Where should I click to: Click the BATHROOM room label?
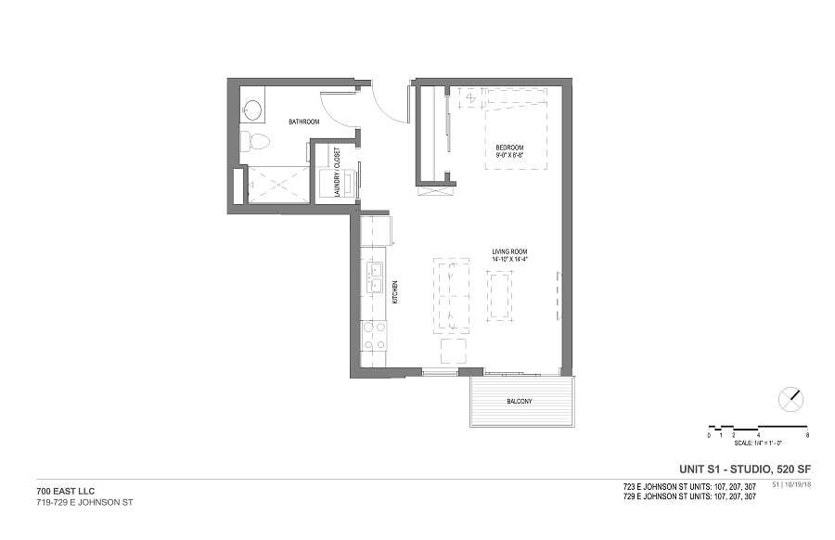(303, 122)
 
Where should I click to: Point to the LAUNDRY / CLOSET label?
(337, 172)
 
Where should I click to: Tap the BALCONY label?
(519, 402)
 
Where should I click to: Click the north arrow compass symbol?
(790, 399)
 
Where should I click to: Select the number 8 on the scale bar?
(808, 435)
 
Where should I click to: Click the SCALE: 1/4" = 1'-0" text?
(759, 444)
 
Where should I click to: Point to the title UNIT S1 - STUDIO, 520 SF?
(739, 469)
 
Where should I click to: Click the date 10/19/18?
(797, 484)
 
